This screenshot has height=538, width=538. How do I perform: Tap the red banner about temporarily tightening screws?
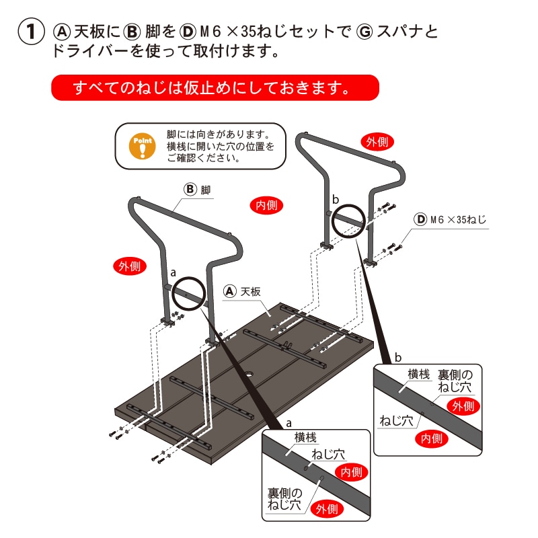[x=215, y=87]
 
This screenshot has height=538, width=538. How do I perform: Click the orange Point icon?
[x=142, y=145]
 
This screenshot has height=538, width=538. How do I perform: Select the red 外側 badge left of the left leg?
[x=127, y=266]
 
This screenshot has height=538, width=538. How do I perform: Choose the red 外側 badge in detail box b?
[x=463, y=406]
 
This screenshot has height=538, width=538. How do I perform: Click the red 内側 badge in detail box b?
[x=430, y=439]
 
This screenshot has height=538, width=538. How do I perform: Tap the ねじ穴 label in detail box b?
[x=396, y=421]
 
